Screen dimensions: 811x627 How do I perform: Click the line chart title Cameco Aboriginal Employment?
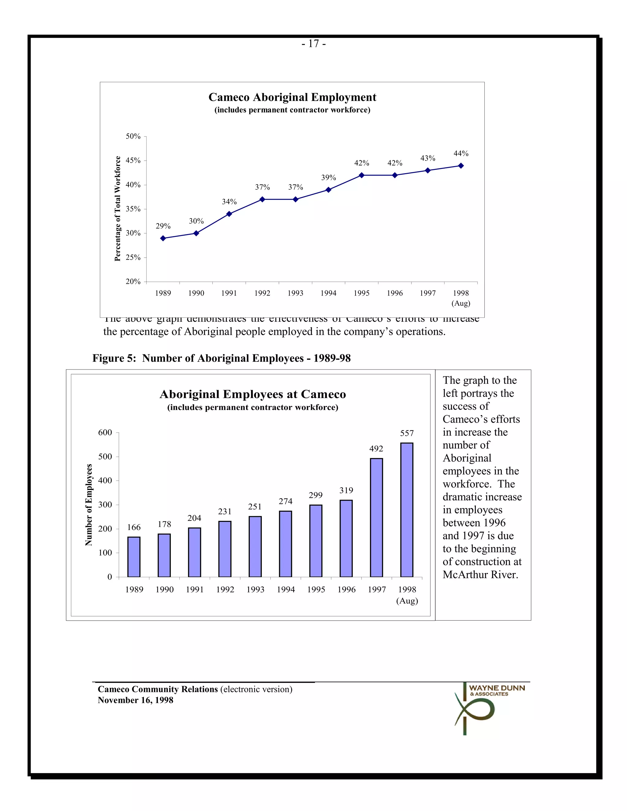(292, 97)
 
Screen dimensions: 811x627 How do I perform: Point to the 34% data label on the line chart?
(229, 202)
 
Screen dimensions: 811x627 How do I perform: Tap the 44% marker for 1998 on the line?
(460, 166)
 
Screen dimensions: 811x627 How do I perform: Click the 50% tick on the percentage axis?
(133, 136)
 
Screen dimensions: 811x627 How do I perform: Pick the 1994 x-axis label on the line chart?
(329, 293)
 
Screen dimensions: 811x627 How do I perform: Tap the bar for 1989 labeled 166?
(134, 557)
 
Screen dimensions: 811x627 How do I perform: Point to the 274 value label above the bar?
(285, 501)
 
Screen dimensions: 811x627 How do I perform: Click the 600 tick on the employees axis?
(105, 432)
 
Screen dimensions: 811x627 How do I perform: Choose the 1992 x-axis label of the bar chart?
(225, 590)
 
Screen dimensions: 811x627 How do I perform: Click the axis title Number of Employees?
(88, 505)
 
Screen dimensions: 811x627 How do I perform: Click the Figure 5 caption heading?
(221, 358)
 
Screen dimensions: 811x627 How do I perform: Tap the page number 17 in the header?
(313, 44)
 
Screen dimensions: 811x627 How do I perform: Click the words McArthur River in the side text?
(480, 574)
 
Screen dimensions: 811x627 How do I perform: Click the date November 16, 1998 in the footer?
(135, 700)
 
